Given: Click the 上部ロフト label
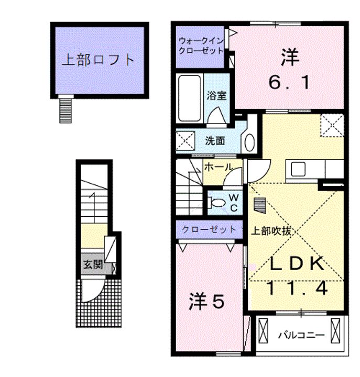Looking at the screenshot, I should click(99, 60).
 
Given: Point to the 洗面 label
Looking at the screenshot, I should click(215, 140).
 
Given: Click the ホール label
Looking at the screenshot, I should click(218, 168).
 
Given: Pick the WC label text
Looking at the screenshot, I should click(234, 202).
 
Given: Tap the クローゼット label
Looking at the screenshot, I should click(209, 229).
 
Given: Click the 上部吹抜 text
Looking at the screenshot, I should click(270, 230).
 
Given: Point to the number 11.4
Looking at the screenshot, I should click(297, 288).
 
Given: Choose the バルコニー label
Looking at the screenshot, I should click(301, 334).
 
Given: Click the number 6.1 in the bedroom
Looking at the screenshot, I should click(289, 82).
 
